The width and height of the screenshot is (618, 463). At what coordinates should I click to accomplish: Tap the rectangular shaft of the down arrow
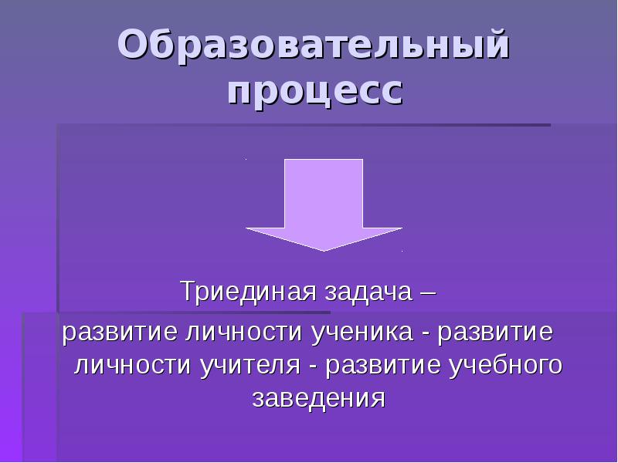tap(324, 193)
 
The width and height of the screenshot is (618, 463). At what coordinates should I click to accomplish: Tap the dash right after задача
tap(426, 293)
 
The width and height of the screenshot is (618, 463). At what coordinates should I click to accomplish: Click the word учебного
tap(505, 366)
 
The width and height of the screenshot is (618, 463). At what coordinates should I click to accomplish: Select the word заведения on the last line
tap(317, 398)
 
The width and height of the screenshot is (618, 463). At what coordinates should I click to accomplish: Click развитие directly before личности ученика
tap(121, 334)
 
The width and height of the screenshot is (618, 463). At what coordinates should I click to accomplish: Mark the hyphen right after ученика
tap(425, 335)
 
